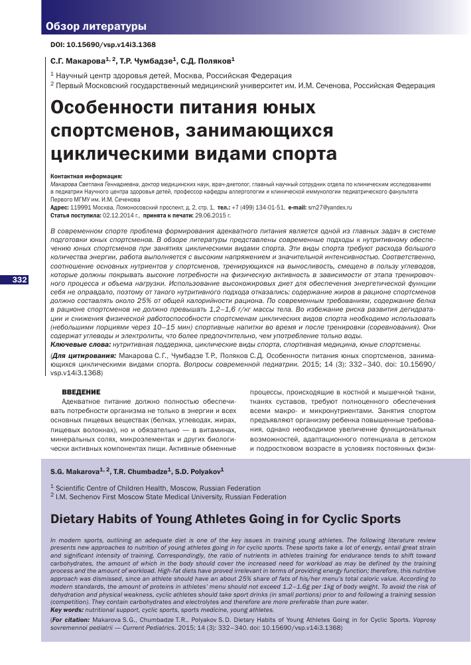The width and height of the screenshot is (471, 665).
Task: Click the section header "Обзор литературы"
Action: [96, 27]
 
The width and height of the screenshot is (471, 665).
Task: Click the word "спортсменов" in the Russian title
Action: [109, 131]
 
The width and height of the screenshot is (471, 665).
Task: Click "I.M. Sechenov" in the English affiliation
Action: [84, 496]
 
